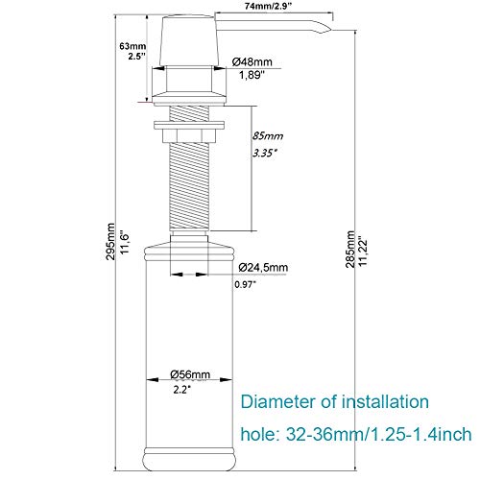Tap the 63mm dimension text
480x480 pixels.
(x=132, y=46)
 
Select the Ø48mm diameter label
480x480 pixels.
(x=252, y=61)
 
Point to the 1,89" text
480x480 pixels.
(x=252, y=75)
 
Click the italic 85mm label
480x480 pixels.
(x=268, y=136)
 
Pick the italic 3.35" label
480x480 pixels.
(x=265, y=153)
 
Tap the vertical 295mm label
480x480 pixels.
(x=110, y=242)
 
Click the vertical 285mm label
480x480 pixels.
(x=350, y=250)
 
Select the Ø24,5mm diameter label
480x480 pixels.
(x=263, y=267)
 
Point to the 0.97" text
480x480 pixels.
(x=246, y=284)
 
